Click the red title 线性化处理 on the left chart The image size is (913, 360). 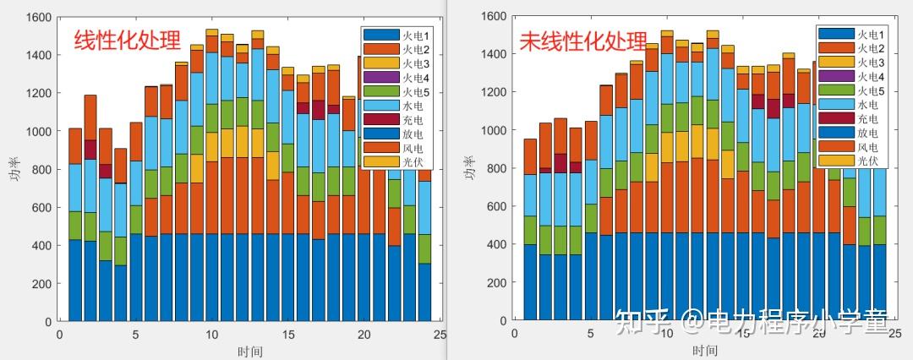[128, 41]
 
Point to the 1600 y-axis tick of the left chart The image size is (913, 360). [38, 17]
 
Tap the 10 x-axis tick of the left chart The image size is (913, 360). [211, 335]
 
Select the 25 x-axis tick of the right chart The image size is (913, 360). [895, 335]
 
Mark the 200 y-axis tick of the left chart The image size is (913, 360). [41, 284]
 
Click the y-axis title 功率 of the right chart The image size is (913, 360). [467, 169]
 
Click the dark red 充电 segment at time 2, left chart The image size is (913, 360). [90, 149]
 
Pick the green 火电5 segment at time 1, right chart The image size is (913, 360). [530, 230]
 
